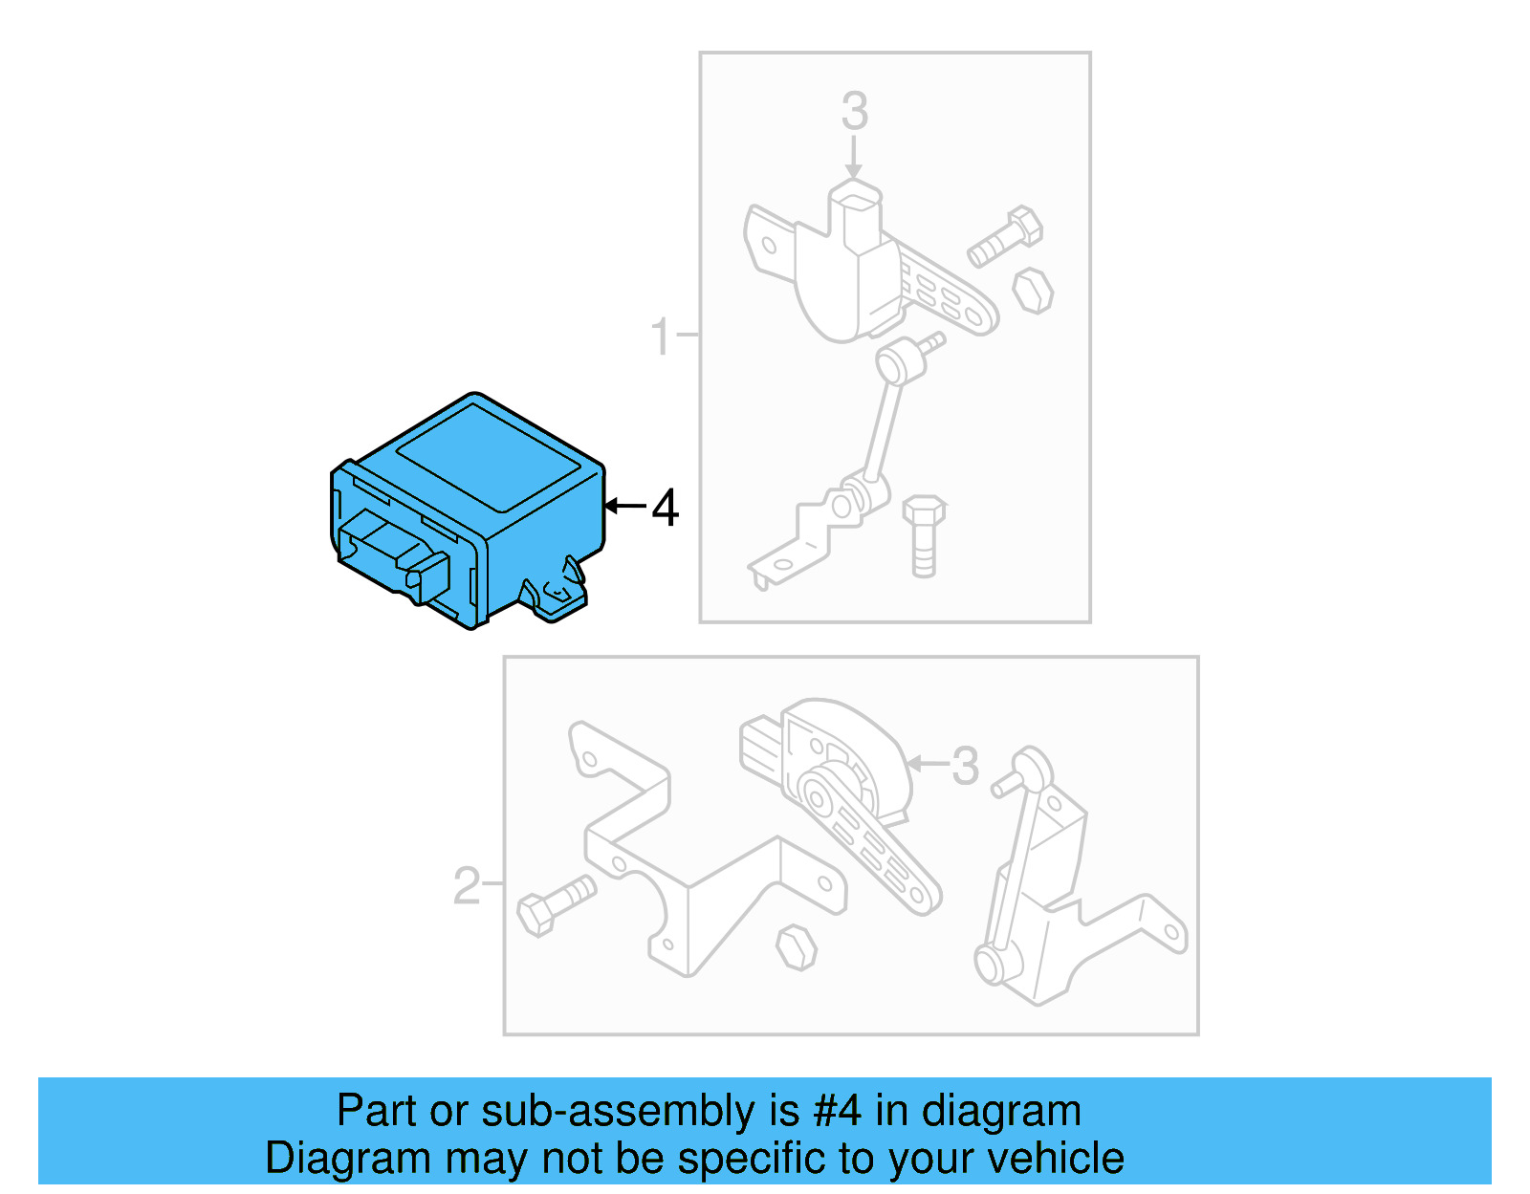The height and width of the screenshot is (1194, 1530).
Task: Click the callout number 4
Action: coord(666,508)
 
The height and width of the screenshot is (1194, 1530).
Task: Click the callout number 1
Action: coord(660,337)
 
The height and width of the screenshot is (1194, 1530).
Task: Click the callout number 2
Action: coord(466,886)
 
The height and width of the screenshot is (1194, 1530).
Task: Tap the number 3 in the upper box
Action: coord(854,112)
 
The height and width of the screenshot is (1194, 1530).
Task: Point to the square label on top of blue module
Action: coord(488,457)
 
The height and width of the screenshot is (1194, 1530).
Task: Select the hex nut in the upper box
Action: coord(1033,291)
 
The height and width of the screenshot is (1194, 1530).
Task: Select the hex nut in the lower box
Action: coord(796,947)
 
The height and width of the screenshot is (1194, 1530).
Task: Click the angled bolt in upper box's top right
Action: coord(1004,236)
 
